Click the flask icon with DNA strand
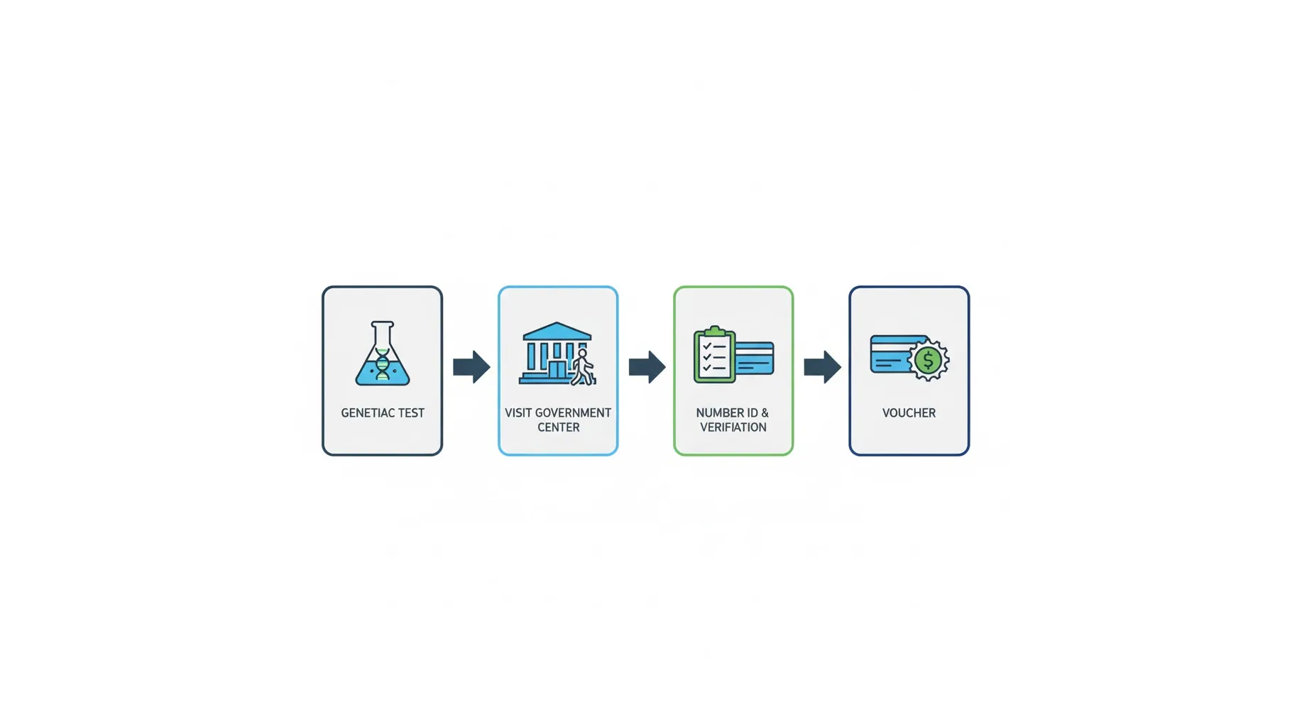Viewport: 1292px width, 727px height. [x=383, y=354]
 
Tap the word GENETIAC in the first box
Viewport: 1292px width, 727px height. [x=368, y=413]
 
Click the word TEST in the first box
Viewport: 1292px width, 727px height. [x=412, y=413]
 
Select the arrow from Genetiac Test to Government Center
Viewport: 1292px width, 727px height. [x=471, y=366]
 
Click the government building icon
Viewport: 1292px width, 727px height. [x=557, y=354]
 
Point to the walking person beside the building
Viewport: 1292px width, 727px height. [x=582, y=366]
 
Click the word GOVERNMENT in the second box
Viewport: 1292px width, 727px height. [x=573, y=413]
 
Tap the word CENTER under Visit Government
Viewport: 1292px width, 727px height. [x=559, y=427]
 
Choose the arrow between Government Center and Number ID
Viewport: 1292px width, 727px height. [x=647, y=366]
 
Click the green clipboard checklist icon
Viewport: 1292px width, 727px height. [x=714, y=354]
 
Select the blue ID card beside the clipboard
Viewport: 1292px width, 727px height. [x=754, y=358]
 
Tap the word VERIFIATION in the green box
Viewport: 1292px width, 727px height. [x=733, y=427]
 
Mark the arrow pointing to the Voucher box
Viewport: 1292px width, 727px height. [x=823, y=366]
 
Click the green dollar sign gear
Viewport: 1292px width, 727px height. [x=928, y=360]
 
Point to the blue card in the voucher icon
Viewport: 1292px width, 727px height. [x=893, y=354]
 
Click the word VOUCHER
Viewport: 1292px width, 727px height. [x=909, y=413]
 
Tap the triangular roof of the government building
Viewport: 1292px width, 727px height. [x=557, y=332]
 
